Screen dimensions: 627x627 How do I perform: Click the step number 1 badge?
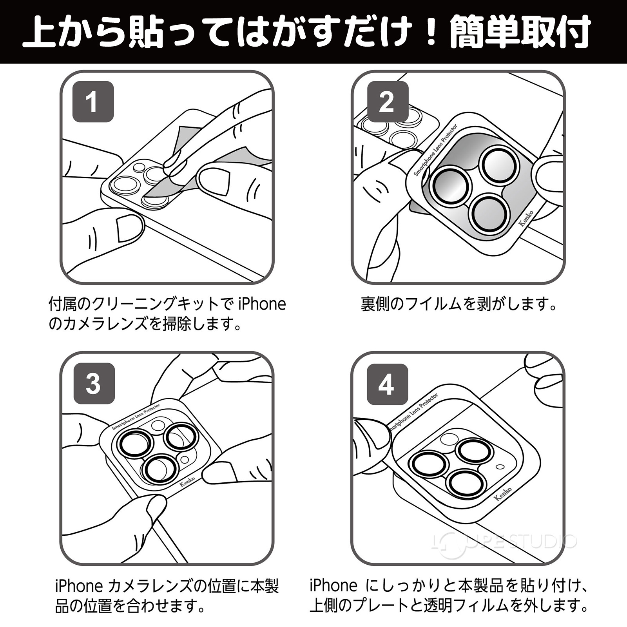[x=93, y=102]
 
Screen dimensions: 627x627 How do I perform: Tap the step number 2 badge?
[x=386, y=102]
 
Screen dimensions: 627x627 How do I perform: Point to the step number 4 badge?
[x=386, y=384]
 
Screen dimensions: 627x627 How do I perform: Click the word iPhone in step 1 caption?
[x=262, y=304]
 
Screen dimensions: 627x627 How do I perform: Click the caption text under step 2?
[x=458, y=304]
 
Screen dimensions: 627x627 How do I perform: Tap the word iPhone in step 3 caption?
[x=78, y=587]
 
